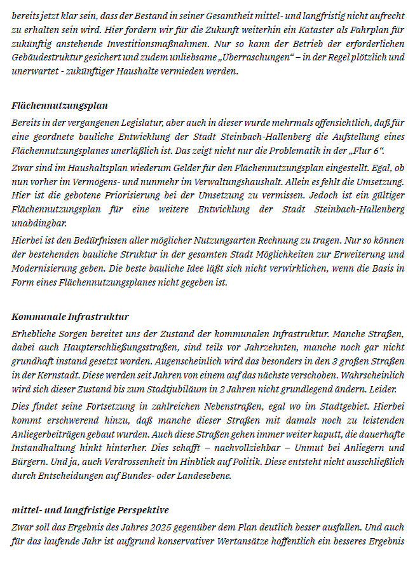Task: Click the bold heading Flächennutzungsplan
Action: [60, 106]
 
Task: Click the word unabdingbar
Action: [39, 225]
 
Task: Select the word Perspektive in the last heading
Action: [141, 511]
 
